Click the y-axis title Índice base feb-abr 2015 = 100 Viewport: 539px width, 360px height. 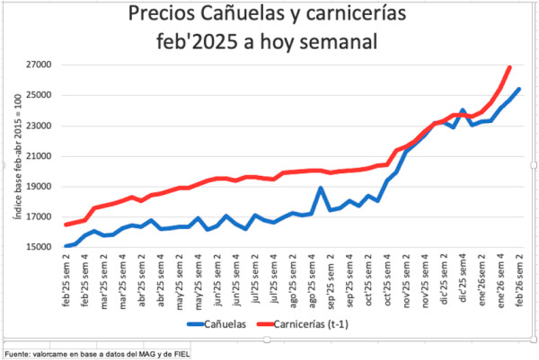16,156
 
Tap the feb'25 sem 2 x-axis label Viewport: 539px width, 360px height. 67,282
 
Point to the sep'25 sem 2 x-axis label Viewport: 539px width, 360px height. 331,282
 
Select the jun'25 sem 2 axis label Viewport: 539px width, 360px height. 217,282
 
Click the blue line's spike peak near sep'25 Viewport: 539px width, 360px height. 321,187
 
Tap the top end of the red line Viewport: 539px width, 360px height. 509,67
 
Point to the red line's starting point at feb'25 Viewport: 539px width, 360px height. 66,225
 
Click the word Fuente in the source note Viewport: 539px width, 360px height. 16,354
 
